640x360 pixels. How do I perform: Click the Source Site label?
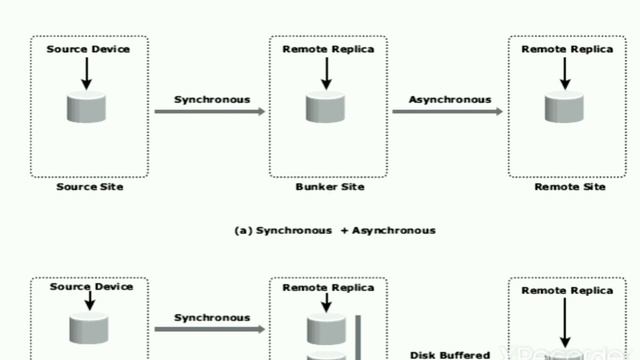click(x=90, y=187)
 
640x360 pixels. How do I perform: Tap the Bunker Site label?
click(x=330, y=187)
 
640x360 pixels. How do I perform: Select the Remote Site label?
click(x=570, y=187)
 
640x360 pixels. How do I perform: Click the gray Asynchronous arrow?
click(x=447, y=111)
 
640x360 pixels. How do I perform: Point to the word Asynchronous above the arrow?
click(x=450, y=100)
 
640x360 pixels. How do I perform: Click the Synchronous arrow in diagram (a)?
click(x=210, y=111)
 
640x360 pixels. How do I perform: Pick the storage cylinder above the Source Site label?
click(x=86, y=107)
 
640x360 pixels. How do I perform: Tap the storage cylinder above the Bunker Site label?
click(x=325, y=107)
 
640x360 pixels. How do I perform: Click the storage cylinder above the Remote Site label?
click(x=564, y=107)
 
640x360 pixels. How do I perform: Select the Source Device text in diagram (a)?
click(x=88, y=49)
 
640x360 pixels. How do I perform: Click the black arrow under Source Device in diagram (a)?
click(x=87, y=73)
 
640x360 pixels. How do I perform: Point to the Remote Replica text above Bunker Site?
click(x=328, y=49)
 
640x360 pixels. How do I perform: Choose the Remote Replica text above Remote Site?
click(x=567, y=49)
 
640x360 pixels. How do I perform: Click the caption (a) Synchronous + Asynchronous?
click(x=335, y=231)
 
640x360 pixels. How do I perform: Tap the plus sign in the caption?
click(x=344, y=231)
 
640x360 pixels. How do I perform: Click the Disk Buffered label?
click(x=450, y=355)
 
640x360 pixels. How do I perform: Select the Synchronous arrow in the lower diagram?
click(x=210, y=329)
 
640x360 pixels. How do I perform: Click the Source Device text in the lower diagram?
click(x=91, y=287)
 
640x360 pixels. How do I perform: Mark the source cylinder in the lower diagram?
click(x=89, y=329)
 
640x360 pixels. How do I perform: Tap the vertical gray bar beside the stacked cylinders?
click(x=358, y=338)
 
